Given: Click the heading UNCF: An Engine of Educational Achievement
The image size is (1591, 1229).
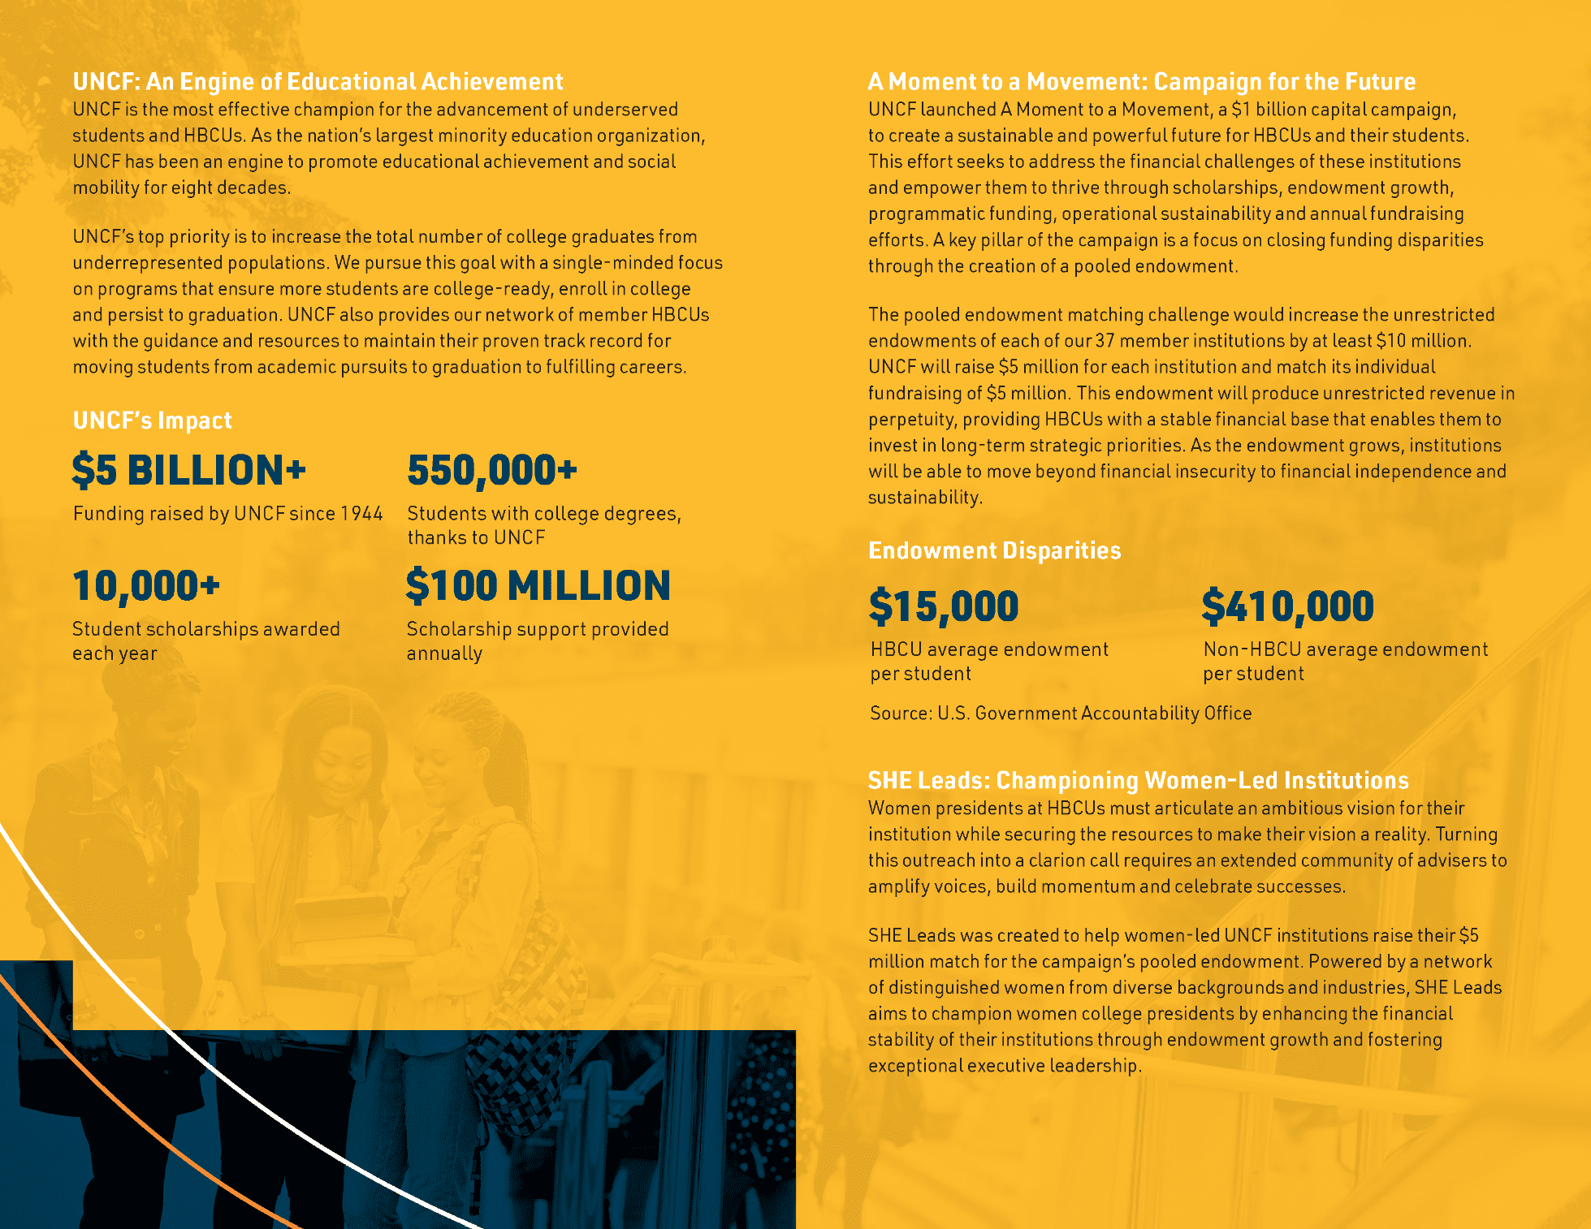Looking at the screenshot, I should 318,82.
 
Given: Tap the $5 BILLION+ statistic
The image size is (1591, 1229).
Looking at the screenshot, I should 189,471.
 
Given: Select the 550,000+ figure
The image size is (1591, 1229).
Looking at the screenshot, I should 492,471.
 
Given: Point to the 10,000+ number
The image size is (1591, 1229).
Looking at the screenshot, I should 146,586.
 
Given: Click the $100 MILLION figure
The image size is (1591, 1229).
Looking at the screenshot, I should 538,586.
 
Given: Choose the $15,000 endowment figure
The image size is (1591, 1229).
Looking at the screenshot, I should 944,606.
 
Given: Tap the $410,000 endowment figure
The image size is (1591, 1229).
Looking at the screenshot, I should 1288,606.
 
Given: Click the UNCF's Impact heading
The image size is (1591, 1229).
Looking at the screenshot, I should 153,420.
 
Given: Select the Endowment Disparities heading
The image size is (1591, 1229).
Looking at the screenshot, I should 995,551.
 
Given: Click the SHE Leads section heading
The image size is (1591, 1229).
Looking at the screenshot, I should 1138,781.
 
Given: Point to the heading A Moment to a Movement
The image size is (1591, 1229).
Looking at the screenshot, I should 1141,82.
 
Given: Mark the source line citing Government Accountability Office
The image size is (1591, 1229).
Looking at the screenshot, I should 1061,714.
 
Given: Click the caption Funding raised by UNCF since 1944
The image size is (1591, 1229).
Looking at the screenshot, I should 227,514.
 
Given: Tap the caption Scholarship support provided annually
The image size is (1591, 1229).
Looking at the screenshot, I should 538,641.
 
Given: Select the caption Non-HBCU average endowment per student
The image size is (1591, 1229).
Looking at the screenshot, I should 1345,662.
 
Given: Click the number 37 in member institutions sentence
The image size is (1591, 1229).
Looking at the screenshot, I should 1105,341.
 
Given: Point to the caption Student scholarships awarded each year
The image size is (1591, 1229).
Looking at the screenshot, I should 206,641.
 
